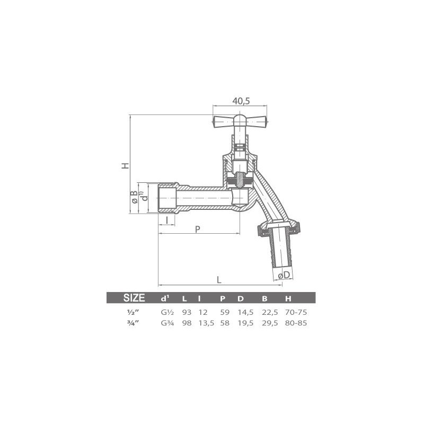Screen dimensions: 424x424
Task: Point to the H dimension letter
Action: coord(125,165)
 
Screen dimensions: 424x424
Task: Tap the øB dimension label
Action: coord(135,197)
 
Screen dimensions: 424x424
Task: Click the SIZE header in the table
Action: coord(134,297)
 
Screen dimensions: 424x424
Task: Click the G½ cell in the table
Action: coord(165,312)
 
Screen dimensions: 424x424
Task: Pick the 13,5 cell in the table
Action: coord(205,323)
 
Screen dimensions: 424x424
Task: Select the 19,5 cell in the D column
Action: coord(242,323)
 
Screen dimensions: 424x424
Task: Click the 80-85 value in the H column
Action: coord(296,323)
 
